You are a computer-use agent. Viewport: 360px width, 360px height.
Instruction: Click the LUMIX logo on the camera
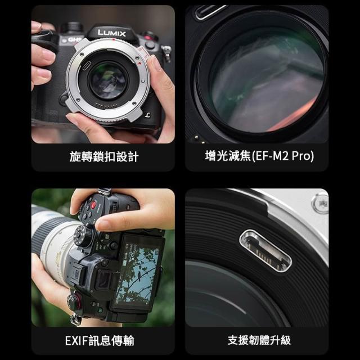coord(111,33)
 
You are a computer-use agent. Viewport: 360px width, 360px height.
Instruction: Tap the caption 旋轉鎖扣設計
coord(104,157)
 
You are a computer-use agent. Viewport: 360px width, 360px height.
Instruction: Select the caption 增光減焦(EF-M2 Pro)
coord(259,156)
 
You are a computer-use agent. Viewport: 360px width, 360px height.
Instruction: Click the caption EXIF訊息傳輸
coord(100,340)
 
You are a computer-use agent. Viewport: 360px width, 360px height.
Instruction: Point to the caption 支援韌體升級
coord(259,340)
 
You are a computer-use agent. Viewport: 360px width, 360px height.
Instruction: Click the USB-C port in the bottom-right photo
coord(265,251)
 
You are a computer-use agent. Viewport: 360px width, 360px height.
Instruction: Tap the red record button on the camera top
coord(93,205)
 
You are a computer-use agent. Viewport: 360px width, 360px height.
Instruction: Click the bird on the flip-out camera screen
coord(138,274)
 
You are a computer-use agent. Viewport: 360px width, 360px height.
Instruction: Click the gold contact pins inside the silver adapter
coord(106,106)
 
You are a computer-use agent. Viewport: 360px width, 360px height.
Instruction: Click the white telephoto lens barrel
coord(55,241)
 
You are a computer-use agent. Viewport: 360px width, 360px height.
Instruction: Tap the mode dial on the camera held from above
coord(84,235)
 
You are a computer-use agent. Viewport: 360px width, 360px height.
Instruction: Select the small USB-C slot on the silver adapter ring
coord(86,66)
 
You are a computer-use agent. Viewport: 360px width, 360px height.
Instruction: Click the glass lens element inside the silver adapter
coord(107,81)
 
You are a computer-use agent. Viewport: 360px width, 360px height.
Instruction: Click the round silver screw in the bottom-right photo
coord(320,203)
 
